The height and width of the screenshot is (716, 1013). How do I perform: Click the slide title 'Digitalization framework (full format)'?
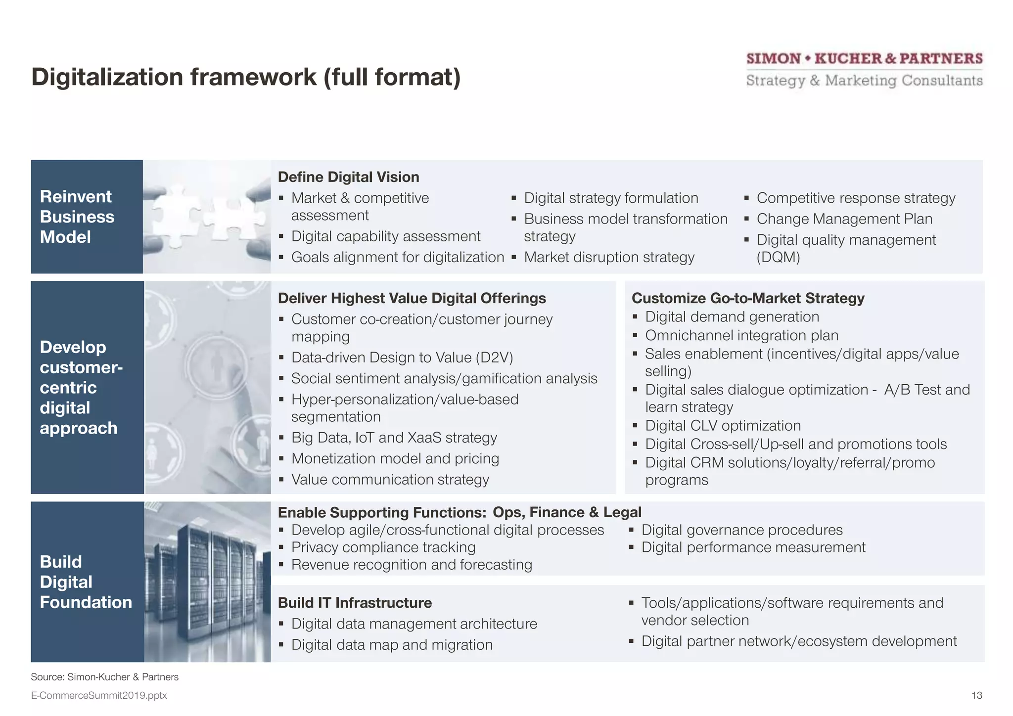246,77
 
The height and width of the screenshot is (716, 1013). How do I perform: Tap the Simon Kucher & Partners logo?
864,69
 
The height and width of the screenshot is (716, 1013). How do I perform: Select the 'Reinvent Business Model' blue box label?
77,217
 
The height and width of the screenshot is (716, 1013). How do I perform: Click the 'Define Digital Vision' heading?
348,177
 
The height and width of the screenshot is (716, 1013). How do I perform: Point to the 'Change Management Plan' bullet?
844,219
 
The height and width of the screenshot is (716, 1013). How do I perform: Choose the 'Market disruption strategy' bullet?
609,257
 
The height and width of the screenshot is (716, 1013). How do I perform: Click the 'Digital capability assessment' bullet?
385,236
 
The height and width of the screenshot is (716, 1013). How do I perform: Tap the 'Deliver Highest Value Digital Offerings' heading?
412,298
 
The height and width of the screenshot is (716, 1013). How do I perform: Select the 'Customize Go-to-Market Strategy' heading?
748,298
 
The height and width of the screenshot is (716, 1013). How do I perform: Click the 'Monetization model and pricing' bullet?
395,458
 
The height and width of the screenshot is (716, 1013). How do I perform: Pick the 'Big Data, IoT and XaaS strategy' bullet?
394,438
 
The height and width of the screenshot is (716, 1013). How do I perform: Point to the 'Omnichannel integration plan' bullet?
741,335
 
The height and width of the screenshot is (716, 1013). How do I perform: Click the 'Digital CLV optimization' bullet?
723,425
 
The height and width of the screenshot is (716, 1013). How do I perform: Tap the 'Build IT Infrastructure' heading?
355,603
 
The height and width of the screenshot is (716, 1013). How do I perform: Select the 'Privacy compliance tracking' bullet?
383,547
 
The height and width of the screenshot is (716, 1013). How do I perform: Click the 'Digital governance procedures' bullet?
741,530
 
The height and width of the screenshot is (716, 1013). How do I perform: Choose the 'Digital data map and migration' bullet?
392,645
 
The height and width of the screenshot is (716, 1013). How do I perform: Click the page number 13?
976,696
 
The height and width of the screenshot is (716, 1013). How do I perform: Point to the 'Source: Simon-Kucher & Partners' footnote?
104,677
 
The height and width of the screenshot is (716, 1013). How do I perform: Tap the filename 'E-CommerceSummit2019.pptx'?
99,696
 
